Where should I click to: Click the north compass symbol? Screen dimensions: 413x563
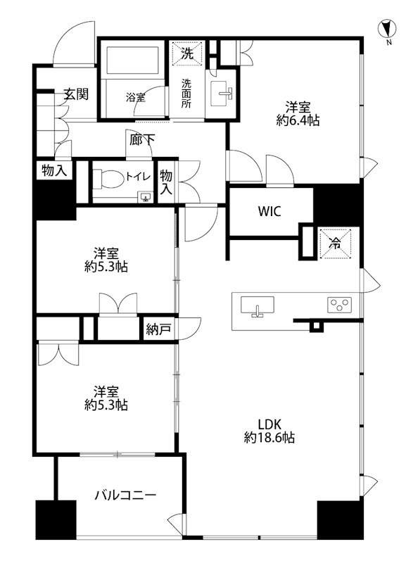click(388, 29)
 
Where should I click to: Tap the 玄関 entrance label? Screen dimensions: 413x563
click(76, 94)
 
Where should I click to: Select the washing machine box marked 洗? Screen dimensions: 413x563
click(187, 54)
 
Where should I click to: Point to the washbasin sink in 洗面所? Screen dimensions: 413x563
click(221, 94)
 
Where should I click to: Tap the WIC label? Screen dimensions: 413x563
click(269, 212)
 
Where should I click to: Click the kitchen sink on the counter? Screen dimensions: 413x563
click(258, 306)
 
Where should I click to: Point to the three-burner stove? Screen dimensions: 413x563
click(339, 305)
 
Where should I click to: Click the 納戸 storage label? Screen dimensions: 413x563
click(158, 329)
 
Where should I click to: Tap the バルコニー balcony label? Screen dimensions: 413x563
click(125, 496)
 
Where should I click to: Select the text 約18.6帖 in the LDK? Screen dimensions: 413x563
click(269, 438)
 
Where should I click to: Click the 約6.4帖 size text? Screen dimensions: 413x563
click(298, 120)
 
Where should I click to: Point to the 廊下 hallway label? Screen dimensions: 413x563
click(141, 139)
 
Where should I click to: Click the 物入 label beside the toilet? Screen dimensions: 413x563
click(166, 182)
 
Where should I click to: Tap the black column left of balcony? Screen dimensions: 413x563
click(56, 520)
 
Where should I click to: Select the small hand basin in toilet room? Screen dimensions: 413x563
click(146, 197)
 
